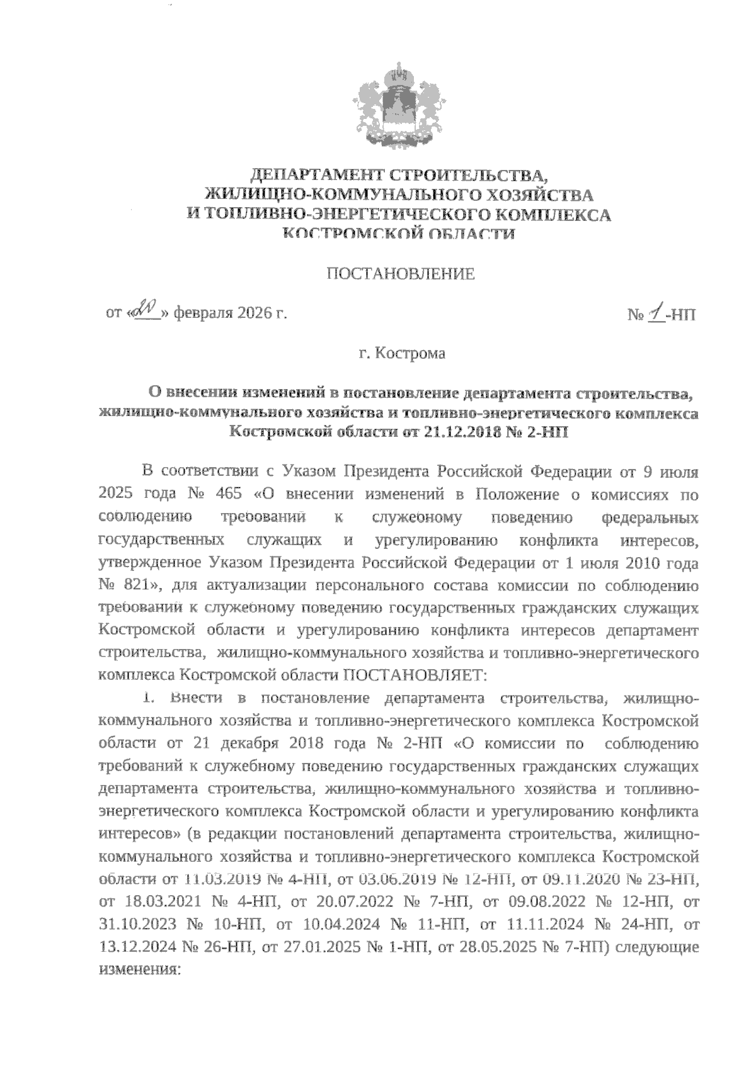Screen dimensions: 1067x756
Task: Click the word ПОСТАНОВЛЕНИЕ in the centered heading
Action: [399, 274]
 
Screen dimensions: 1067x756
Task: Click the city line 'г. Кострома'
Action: [402, 353]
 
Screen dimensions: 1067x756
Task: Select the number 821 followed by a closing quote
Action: [144, 585]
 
